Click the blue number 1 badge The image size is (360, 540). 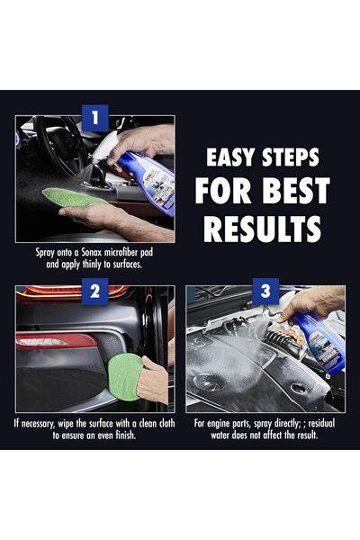click(x=94, y=116)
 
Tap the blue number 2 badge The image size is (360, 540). click(x=94, y=291)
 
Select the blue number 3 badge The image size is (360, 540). click(x=265, y=291)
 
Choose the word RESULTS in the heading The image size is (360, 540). click(x=262, y=229)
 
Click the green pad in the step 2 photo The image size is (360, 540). click(x=122, y=376)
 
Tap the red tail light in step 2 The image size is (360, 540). click(x=54, y=341)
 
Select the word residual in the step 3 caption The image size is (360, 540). click(x=322, y=422)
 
